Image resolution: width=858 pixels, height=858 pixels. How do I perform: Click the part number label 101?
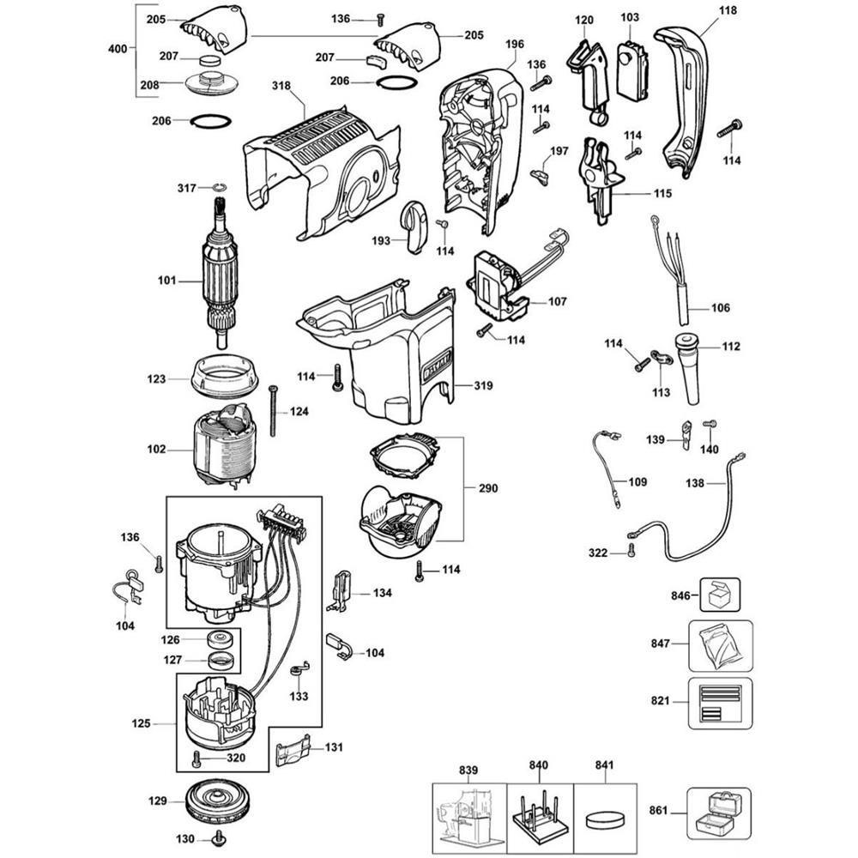(166, 281)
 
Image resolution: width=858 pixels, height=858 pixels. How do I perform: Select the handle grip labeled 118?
(687, 103)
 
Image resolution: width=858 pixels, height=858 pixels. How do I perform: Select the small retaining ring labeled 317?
(219, 187)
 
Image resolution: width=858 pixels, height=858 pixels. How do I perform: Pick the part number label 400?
(118, 50)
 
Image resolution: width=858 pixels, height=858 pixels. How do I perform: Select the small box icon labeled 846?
(719, 594)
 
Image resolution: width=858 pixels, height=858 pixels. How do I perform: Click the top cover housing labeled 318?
(322, 172)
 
